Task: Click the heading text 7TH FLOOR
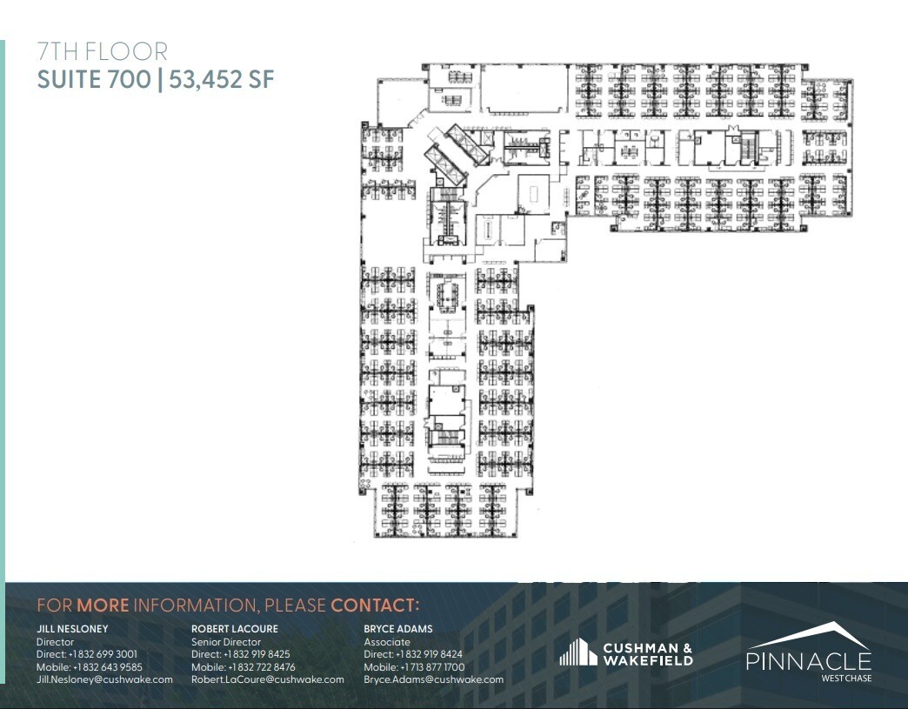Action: click(102, 52)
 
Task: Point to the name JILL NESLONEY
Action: click(71, 629)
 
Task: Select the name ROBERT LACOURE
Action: click(235, 629)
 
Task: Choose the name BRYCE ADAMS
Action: click(397, 629)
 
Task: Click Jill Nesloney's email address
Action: click(104, 679)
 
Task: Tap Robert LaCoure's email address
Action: click(268, 679)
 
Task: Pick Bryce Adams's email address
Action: click(433, 679)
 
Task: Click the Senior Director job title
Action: click(226, 642)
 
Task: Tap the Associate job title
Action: click(386, 642)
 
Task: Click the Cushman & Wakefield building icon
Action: click(577, 652)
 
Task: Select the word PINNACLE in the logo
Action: click(809, 661)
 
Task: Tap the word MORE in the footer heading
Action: click(103, 605)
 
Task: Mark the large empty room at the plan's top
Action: click(520, 91)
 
